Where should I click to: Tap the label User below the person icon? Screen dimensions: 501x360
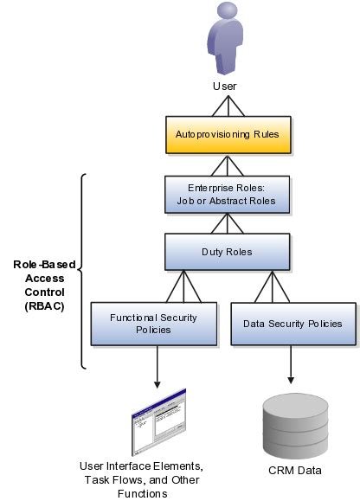tap(225, 86)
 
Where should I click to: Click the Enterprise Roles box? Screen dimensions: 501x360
tap(225, 194)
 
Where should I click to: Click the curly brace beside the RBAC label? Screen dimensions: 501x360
tap(82, 271)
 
